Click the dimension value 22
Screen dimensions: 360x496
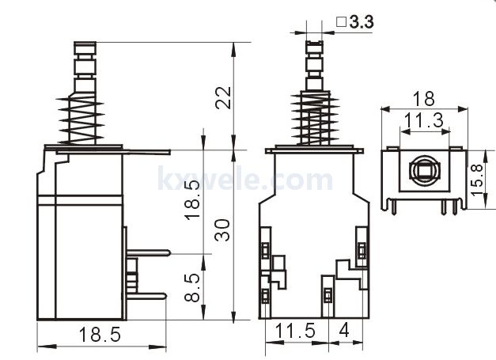coord(225,98)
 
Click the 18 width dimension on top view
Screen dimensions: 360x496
coord(423,99)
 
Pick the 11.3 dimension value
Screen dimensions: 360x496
coord(423,120)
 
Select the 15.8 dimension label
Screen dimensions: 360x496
coord(478,178)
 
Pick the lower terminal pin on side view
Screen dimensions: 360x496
coord(146,296)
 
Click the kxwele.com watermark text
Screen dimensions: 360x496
coord(245,180)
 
